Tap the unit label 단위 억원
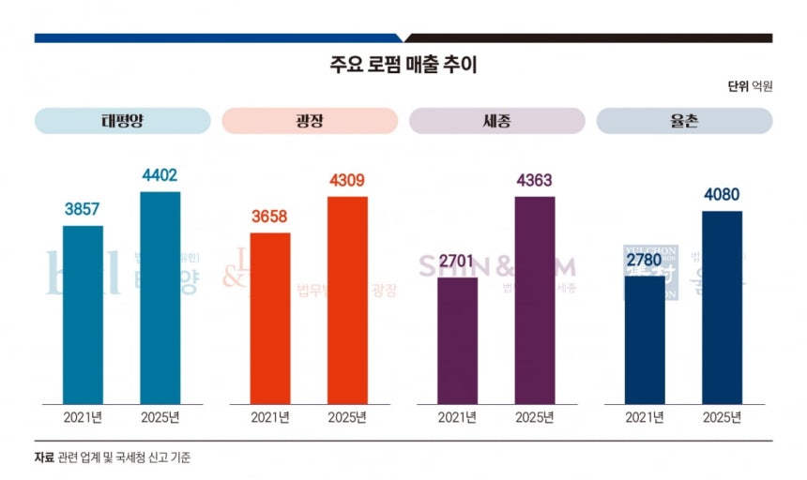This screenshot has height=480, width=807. click(750, 86)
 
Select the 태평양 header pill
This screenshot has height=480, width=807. click(123, 121)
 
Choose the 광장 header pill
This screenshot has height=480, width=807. click(310, 121)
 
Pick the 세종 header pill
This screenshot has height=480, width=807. click(496, 121)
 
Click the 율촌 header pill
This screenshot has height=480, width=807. click(684, 121)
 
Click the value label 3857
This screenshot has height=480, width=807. click(83, 210)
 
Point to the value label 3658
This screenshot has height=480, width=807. click(270, 217)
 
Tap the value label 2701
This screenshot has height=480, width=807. click(458, 262)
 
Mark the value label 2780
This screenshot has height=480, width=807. click(645, 261)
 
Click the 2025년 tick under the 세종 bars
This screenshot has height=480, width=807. click(535, 417)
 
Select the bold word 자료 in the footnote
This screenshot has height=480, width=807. click(44, 457)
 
